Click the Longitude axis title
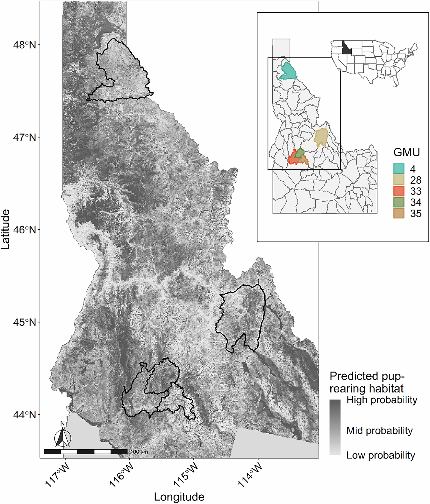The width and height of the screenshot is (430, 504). (179, 497)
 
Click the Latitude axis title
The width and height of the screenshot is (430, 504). (6, 230)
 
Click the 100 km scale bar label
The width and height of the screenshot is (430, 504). (139, 452)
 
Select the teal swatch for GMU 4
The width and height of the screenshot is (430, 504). (399, 169)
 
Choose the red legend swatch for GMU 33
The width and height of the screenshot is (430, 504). (399, 191)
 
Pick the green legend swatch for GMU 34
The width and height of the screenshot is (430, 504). (399, 202)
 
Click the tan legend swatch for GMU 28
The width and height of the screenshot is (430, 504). (399, 180)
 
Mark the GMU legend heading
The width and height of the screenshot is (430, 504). (406, 152)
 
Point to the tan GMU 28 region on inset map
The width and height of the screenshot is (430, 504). (321, 137)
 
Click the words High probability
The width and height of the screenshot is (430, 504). (382, 400)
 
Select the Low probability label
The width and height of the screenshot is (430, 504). (381, 455)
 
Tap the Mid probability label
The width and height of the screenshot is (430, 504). (379, 431)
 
